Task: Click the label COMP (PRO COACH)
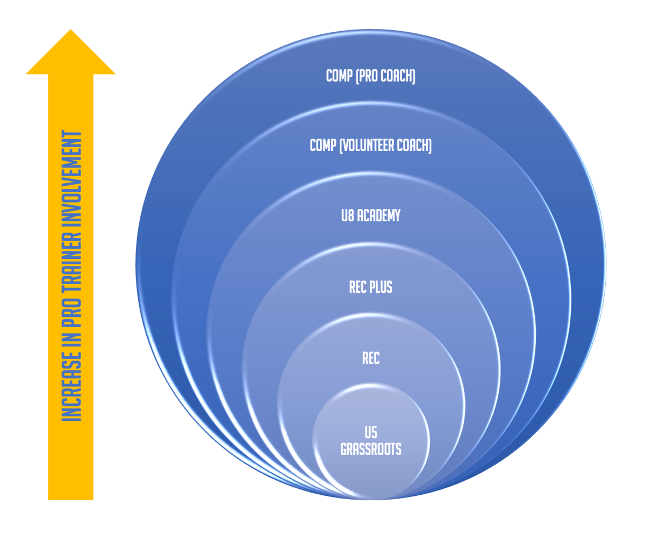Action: point(371,76)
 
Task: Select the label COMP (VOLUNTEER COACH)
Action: point(371,146)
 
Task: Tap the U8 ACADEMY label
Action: point(371,216)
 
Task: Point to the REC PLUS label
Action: point(371,287)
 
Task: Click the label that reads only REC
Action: point(371,358)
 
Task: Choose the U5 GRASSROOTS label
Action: point(371,440)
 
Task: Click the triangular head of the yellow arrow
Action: point(70,54)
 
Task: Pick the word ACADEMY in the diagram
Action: point(379,216)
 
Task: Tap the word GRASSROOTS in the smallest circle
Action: point(371,449)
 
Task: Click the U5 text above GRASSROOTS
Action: point(371,431)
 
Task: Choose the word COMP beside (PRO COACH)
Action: point(338,76)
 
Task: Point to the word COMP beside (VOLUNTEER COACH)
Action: point(322,146)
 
